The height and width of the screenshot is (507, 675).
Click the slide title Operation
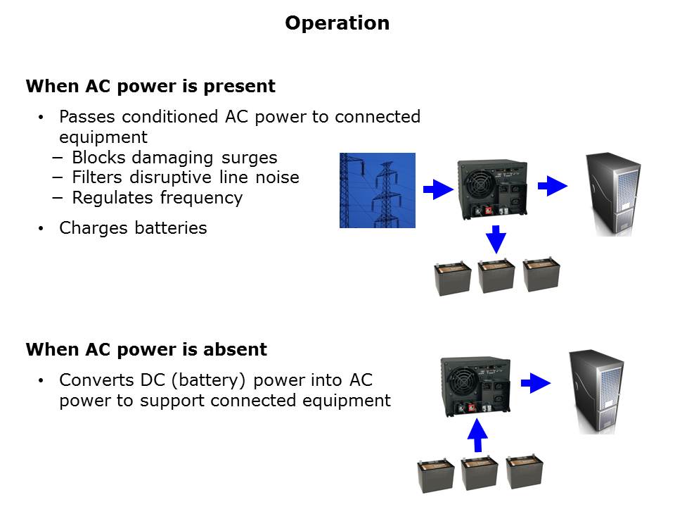(337, 23)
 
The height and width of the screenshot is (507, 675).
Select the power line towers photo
(378, 190)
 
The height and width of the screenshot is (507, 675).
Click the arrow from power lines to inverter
(438, 189)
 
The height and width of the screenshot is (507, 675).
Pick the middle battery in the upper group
(496, 276)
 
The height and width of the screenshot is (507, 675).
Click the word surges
(243, 157)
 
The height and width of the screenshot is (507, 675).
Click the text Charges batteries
(133, 228)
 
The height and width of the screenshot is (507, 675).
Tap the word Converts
(96, 380)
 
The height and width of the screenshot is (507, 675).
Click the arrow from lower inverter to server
(536, 382)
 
